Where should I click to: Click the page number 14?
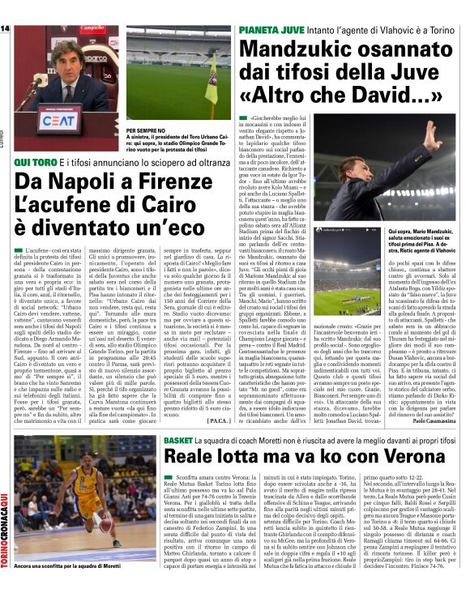(x=6, y=29)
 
